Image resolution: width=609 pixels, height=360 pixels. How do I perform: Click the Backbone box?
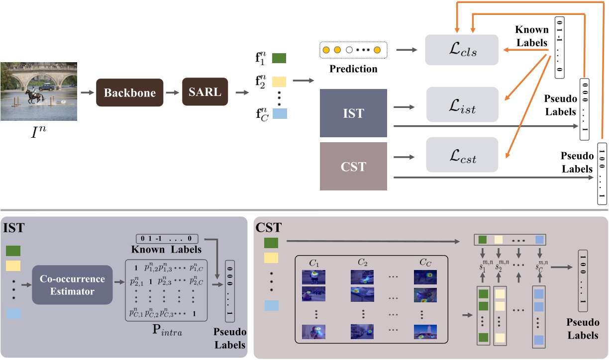(x=129, y=92)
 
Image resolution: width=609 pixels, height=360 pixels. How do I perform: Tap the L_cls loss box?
(x=461, y=50)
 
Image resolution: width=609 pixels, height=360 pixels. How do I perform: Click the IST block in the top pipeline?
(x=353, y=113)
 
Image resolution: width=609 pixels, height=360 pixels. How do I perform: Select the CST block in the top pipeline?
(x=353, y=166)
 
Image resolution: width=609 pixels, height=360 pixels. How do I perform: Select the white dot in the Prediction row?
(x=349, y=50)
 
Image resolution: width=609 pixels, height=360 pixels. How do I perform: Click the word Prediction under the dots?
(x=353, y=69)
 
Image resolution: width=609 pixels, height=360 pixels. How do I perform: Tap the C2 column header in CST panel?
(x=362, y=262)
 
